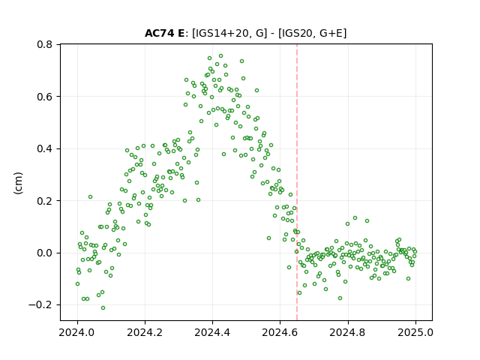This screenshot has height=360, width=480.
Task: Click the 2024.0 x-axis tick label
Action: coord(76,332)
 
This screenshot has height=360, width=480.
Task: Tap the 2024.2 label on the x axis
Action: coord(145,332)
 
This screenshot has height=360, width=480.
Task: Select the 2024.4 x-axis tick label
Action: coord(212,332)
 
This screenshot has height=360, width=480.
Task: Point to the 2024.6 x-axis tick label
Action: coord(280,332)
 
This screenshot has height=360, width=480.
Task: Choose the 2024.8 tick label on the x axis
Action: coord(347,332)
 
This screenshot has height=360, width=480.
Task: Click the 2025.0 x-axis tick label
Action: coord(415,332)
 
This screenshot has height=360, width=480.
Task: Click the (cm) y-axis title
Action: coord(18,183)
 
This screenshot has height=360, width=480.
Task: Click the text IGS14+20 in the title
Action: coord(220,33)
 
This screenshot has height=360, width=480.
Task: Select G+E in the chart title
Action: coord(331,33)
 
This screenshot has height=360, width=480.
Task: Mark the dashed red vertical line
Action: coord(297,182)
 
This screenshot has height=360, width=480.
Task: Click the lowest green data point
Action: coord(103,308)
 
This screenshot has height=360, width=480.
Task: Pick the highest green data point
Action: coord(220,56)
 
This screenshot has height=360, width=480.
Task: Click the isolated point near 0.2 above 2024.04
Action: coord(90,196)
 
